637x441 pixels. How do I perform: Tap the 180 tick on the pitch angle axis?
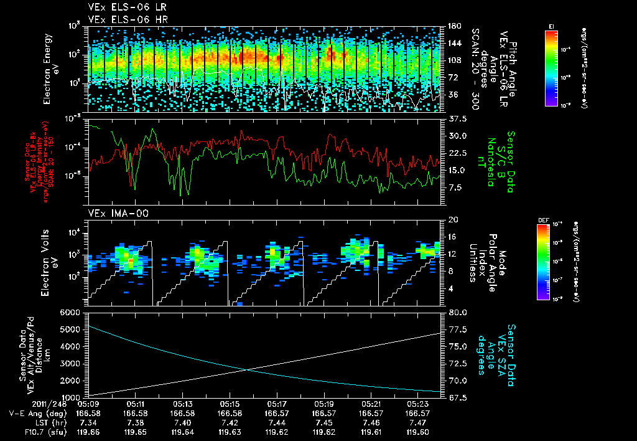pos(452,26)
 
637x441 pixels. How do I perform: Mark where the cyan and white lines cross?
pos(248,370)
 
